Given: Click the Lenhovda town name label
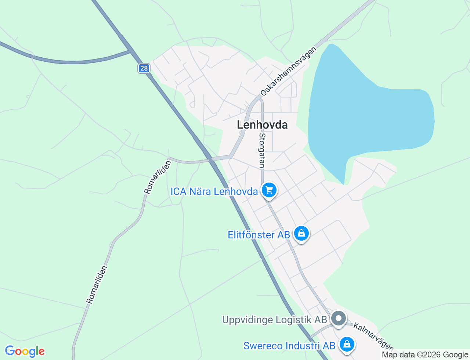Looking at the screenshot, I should pyautogui.click(x=262, y=125).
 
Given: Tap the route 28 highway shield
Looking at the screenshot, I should pyautogui.click(x=144, y=68).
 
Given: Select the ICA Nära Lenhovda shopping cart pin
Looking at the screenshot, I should pyautogui.click(x=269, y=190).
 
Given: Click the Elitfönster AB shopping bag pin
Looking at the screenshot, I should pyautogui.click(x=301, y=234).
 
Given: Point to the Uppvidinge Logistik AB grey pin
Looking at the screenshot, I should pyautogui.click(x=338, y=318).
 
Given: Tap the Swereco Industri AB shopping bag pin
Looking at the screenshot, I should pyautogui.click(x=347, y=345).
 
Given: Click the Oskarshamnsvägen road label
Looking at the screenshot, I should pyautogui.click(x=288, y=72).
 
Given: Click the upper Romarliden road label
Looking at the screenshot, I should pyautogui.click(x=158, y=177).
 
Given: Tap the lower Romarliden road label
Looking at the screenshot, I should pyautogui.click(x=97, y=285).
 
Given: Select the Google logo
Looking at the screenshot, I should pyautogui.click(x=25, y=351).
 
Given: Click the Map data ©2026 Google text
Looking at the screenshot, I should pyautogui.click(x=425, y=355).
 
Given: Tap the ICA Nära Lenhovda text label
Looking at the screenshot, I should pyautogui.click(x=214, y=191).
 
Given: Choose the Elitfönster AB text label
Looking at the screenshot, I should pyautogui.click(x=259, y=235).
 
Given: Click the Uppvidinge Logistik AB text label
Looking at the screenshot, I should pyautogui.click(x=274, y=320).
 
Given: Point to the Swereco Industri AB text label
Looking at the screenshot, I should pyautogui.click(x=289, y=346).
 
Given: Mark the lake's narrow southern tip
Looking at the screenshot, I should pyautogui.click(x=344, y=182).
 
